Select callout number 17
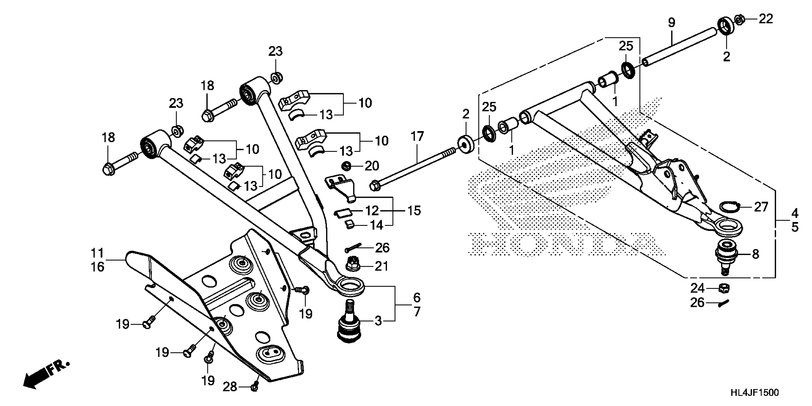(417, 137)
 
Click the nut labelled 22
(739, 20)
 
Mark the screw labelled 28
(255, 387)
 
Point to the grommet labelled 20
(347, 166)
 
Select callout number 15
(414, 211)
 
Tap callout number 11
(97, 253)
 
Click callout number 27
(761, 207)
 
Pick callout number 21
(381, 266)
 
